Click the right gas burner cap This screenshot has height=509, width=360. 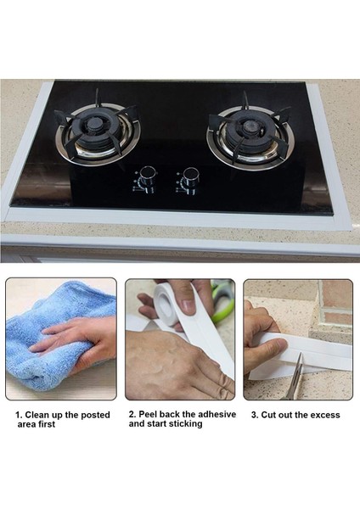click(x=250, y=126)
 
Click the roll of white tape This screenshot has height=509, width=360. click(x=167, y=304)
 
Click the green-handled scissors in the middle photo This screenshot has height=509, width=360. click(x=223, y=300)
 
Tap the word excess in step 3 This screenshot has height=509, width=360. click(x=325, y=415)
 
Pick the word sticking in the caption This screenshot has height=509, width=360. click(x=185, y=424)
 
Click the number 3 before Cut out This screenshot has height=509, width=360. click(x=255, y=415)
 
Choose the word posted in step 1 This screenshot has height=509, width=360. click(x=96, y=415)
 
